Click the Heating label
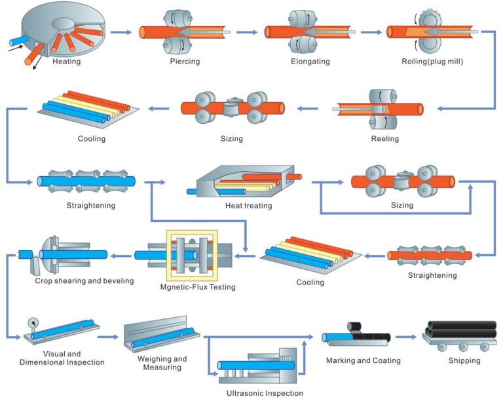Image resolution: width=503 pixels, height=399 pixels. click(x=67, y=62)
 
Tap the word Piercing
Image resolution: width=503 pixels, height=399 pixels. click(x=184, y=62)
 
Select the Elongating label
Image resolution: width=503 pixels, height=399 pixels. click(x=310, y=62)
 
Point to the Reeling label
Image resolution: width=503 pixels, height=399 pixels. click(x=384, y=139)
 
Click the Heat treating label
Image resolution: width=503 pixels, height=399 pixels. click(x=249, y=206)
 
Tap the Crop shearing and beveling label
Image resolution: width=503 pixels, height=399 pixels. click(x=84, y=281)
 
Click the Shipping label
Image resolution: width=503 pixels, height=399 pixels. click(x=464, y=360)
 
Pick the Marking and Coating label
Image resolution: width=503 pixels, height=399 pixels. click(x=363, y=360)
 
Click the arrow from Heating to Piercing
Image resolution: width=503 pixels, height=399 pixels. click(x=121, y=31)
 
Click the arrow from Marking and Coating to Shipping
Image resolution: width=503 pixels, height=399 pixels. click(x=406, y=337)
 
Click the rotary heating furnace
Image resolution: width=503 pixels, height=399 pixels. click(x=59, y=29)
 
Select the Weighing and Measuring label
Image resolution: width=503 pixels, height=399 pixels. click(x=162, y=363)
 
